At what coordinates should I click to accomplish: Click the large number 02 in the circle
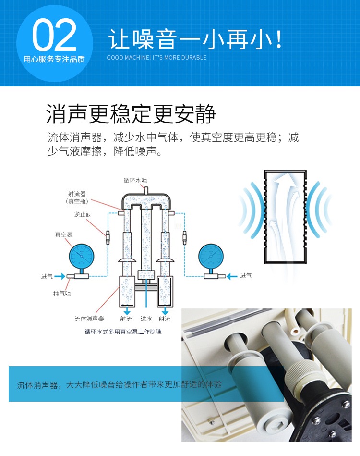coord(54,35)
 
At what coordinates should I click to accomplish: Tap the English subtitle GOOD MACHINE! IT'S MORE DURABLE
coord(156,58)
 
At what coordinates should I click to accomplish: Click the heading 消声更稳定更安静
coord(131,114)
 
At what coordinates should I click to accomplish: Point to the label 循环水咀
coord(135,180)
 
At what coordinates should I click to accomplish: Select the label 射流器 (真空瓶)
coord(77,197)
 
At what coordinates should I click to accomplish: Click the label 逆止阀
coord(83,215)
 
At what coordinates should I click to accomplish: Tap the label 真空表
coord(64,234)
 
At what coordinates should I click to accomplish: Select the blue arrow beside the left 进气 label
coord(60,276)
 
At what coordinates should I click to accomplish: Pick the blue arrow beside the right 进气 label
coord(232,276)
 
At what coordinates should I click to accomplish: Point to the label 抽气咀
coord(62,294)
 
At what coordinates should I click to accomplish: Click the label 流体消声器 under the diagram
coord(89,319)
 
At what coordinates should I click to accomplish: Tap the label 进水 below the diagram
coord(146,319)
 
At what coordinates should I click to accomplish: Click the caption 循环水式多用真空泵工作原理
coord(123,332)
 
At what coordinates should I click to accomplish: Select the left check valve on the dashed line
coord(108,237)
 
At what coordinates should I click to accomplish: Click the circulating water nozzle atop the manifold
coord(146,190)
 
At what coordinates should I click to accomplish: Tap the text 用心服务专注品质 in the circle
coord(54,59)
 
